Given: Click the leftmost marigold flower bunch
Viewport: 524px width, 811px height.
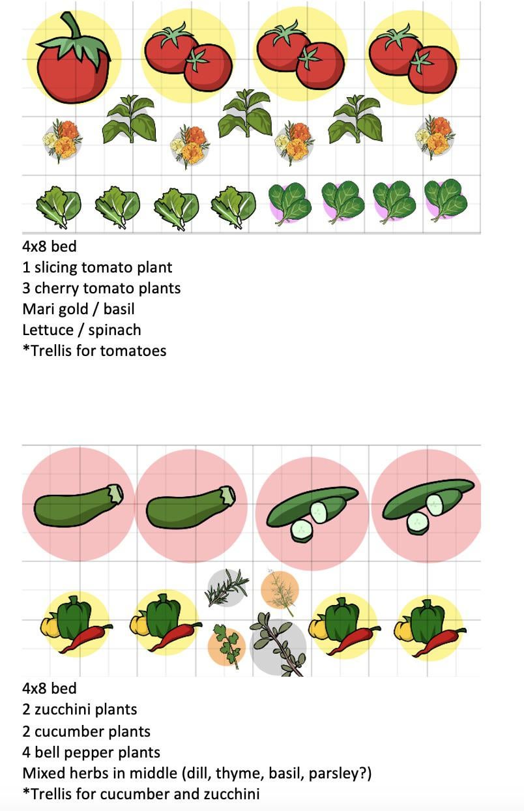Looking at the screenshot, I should tap(62, 139).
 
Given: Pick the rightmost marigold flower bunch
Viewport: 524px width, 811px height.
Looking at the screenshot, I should tap(435, 136).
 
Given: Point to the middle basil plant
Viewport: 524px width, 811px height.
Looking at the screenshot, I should tap(245, 115).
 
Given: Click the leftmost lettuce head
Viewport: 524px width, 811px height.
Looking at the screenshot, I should tap(58, 207).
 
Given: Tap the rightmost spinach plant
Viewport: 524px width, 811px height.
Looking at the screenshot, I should tap(446, 199).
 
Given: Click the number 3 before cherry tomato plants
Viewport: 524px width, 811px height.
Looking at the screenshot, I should tap(26, 288).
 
